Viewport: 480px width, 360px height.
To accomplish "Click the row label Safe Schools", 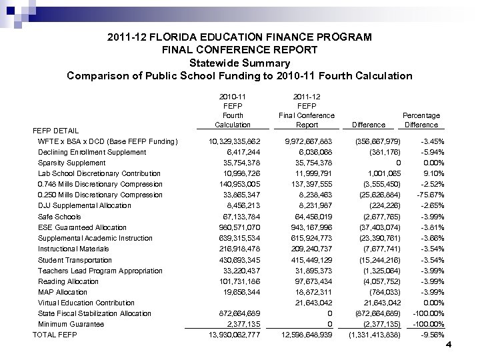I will [x=59, y=217].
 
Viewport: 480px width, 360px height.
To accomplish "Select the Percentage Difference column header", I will [x=421, y=120].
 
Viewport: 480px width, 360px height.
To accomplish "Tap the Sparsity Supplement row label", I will [x=71, y=163].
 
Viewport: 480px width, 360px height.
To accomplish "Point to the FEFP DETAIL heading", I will [x=56, y=131].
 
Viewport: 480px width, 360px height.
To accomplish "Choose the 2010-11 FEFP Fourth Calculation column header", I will [x=233, y=110].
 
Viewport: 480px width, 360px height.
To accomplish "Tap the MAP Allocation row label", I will [x=62, y=292].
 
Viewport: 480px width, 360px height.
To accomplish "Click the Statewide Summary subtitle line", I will [x=239, y=63].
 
